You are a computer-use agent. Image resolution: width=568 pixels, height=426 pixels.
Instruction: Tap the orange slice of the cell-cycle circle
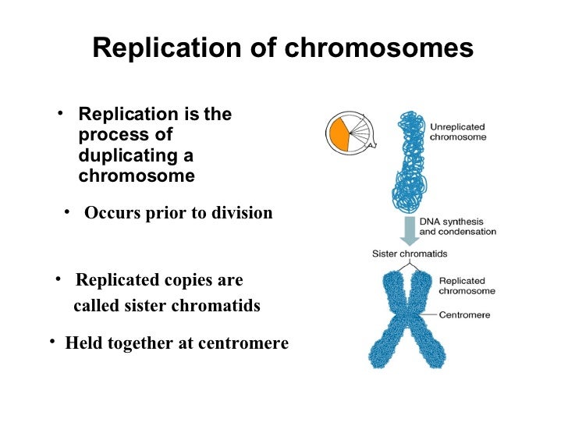coord(339,133)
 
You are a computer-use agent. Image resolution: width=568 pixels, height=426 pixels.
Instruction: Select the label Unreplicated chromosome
coord(458,131)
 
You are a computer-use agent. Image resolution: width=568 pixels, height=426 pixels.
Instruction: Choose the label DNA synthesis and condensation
coord(457,226)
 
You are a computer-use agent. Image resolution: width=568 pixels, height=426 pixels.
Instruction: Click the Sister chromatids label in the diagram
coord(409,254)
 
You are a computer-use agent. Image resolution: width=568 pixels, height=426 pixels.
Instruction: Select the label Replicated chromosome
coord(467,286)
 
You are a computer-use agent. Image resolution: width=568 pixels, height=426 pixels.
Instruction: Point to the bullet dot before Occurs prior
coord(68,211)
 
